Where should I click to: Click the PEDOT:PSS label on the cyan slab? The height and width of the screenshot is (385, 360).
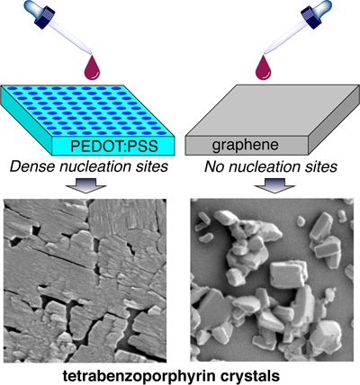click(x=114, y=146)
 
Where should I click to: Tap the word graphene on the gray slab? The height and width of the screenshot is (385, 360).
click(x=245, y=145)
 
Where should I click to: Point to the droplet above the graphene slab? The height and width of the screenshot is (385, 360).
click(x=263, y=67)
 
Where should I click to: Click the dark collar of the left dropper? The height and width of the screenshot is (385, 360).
click(x=45, y=19)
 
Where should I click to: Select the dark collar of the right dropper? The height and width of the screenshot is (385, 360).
click(x=310, y=19)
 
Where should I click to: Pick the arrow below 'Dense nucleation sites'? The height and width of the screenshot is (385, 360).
click(x=86, y=185)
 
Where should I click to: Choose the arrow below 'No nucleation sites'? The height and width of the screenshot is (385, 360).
click(x=274, y=185)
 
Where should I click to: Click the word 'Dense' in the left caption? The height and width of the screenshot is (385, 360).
click(x=32, y=166)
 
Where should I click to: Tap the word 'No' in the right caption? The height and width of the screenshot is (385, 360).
click(x=214, y=166)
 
